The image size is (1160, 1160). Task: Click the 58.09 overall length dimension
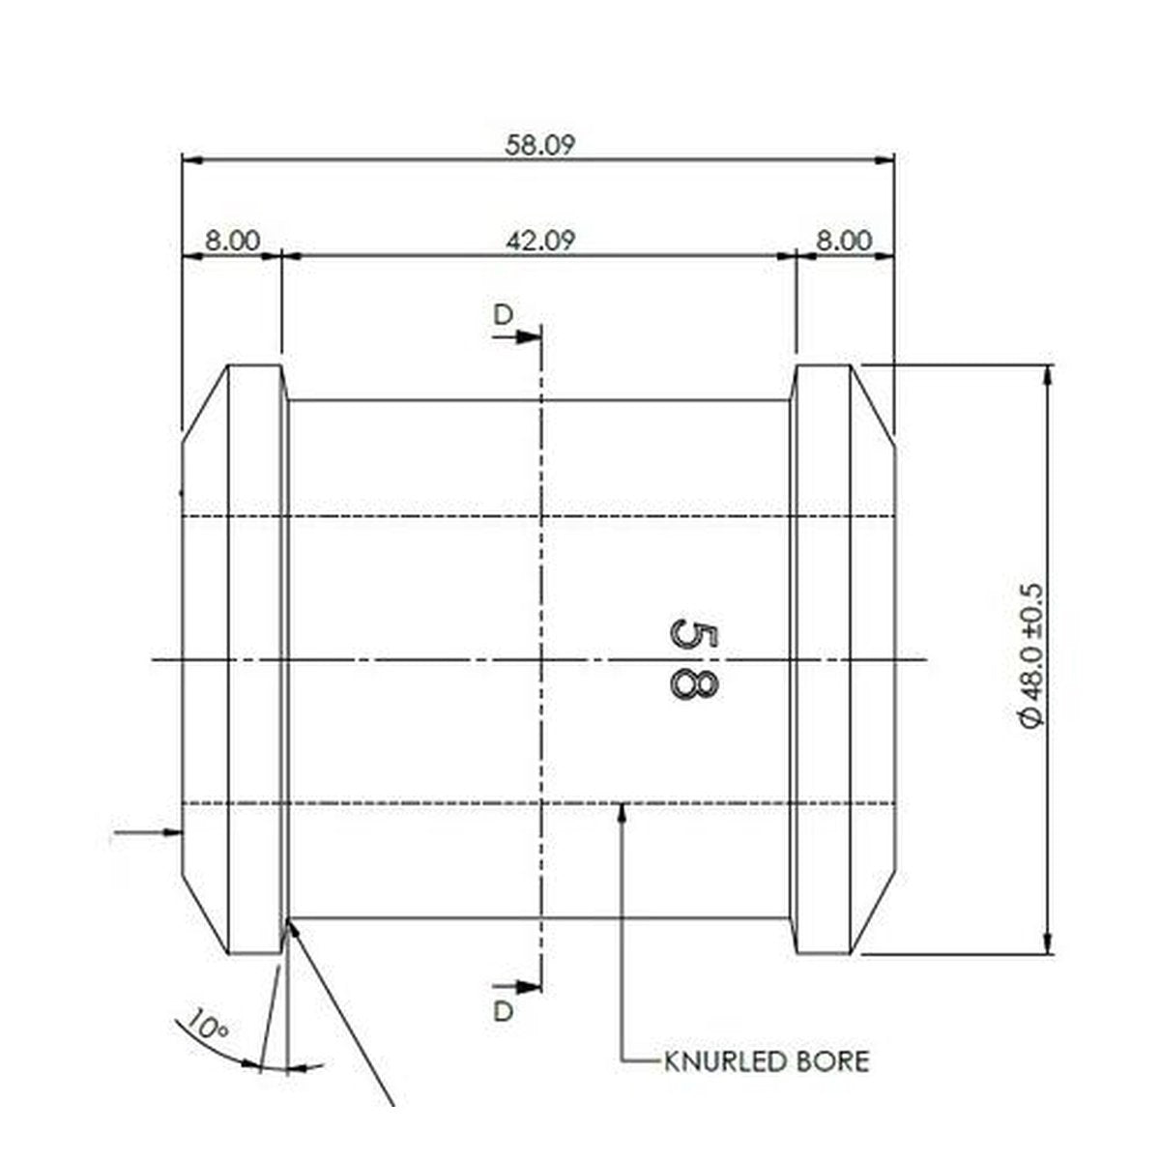point(539,145)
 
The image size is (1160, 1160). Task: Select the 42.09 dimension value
point(540,241)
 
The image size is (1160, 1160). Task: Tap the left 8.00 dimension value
point(232,241)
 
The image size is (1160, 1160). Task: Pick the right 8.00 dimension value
point(844,241)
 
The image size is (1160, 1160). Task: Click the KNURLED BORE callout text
point(767,1061)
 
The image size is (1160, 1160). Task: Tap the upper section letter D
point(503,314)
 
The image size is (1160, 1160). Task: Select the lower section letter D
point(503,1011)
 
